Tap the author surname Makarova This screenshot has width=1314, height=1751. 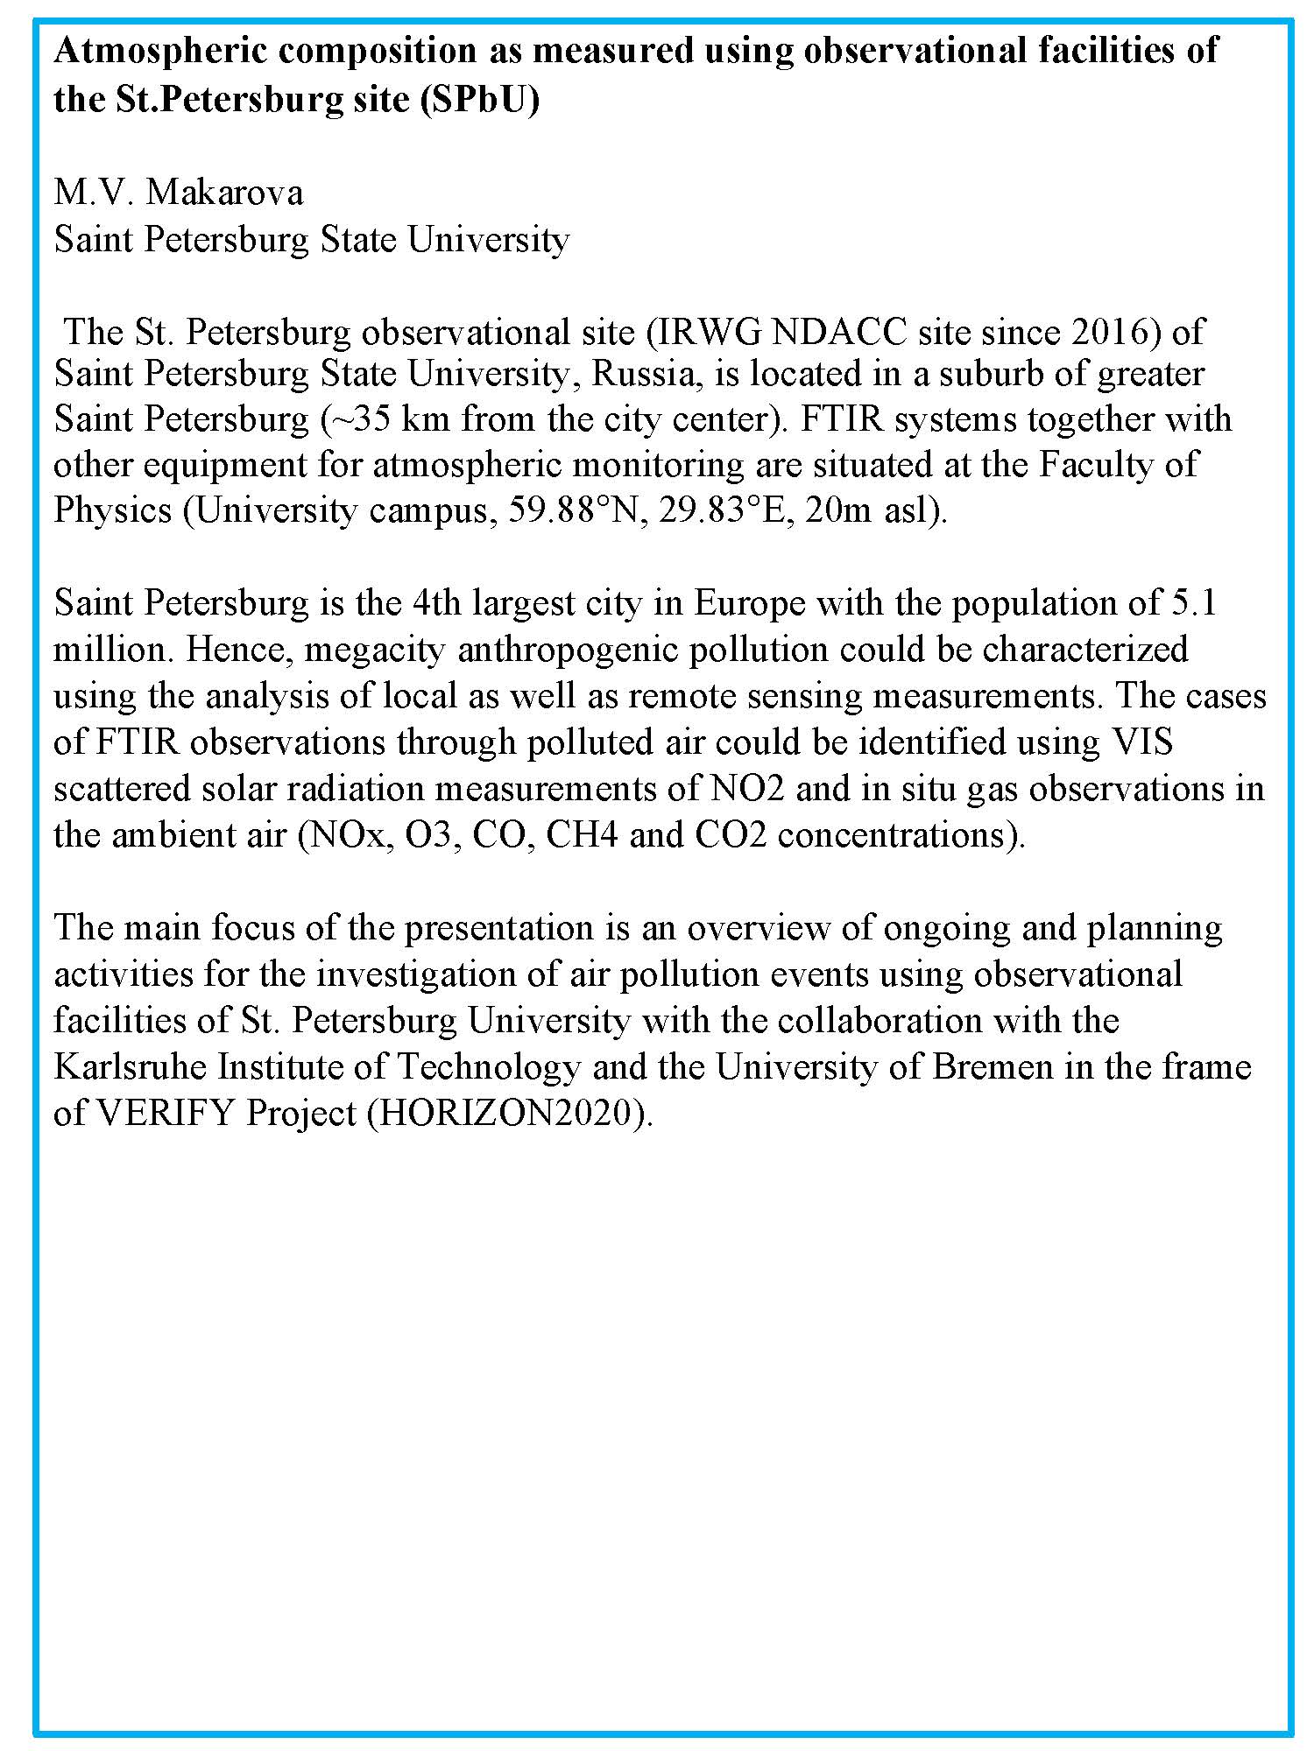tap(224, 192)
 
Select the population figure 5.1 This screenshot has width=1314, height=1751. tap(1193, 604)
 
